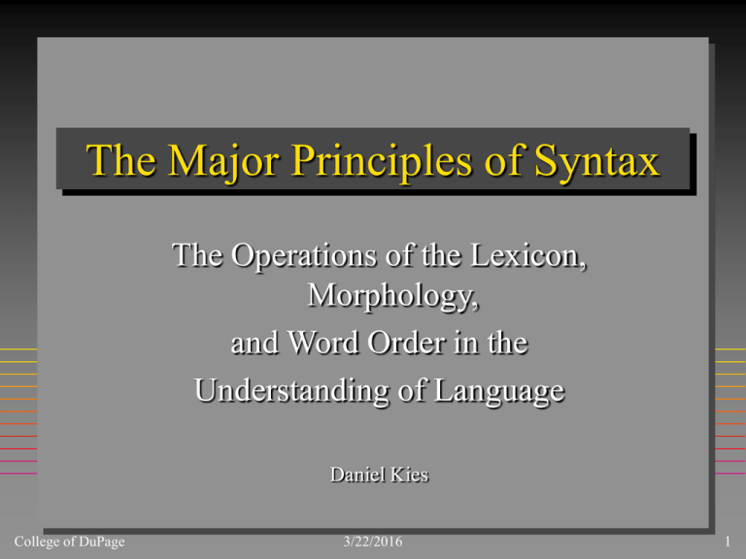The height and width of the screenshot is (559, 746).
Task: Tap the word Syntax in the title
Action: (600, 161)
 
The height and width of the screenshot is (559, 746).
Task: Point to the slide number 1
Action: (727, 541)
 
